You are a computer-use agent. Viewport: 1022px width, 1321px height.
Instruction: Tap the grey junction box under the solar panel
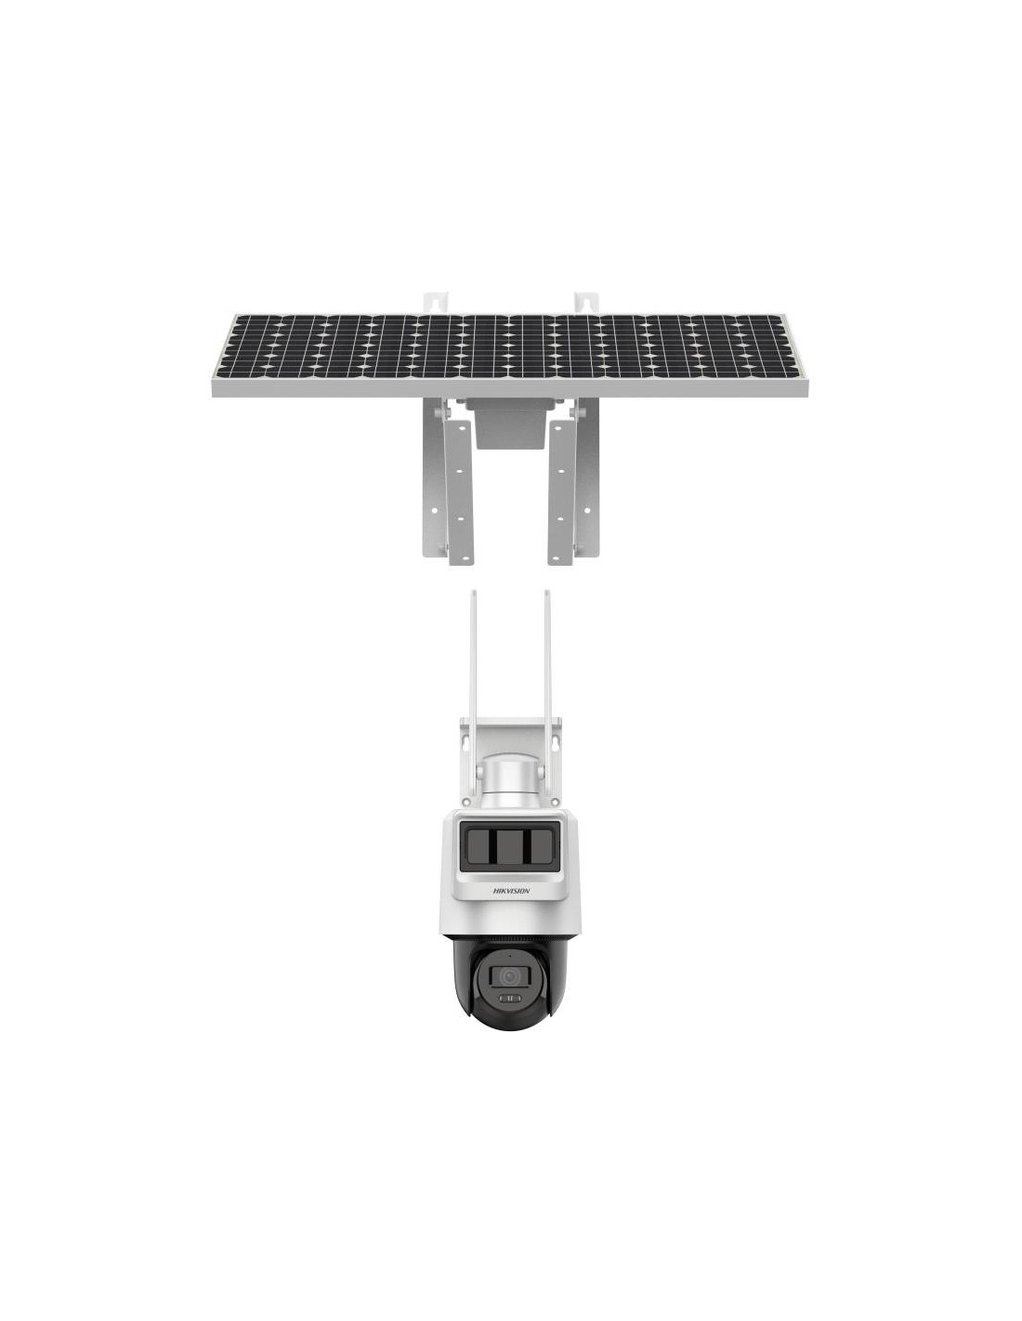[508, 425]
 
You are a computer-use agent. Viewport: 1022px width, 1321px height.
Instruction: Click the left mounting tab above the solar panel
[436, 304]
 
